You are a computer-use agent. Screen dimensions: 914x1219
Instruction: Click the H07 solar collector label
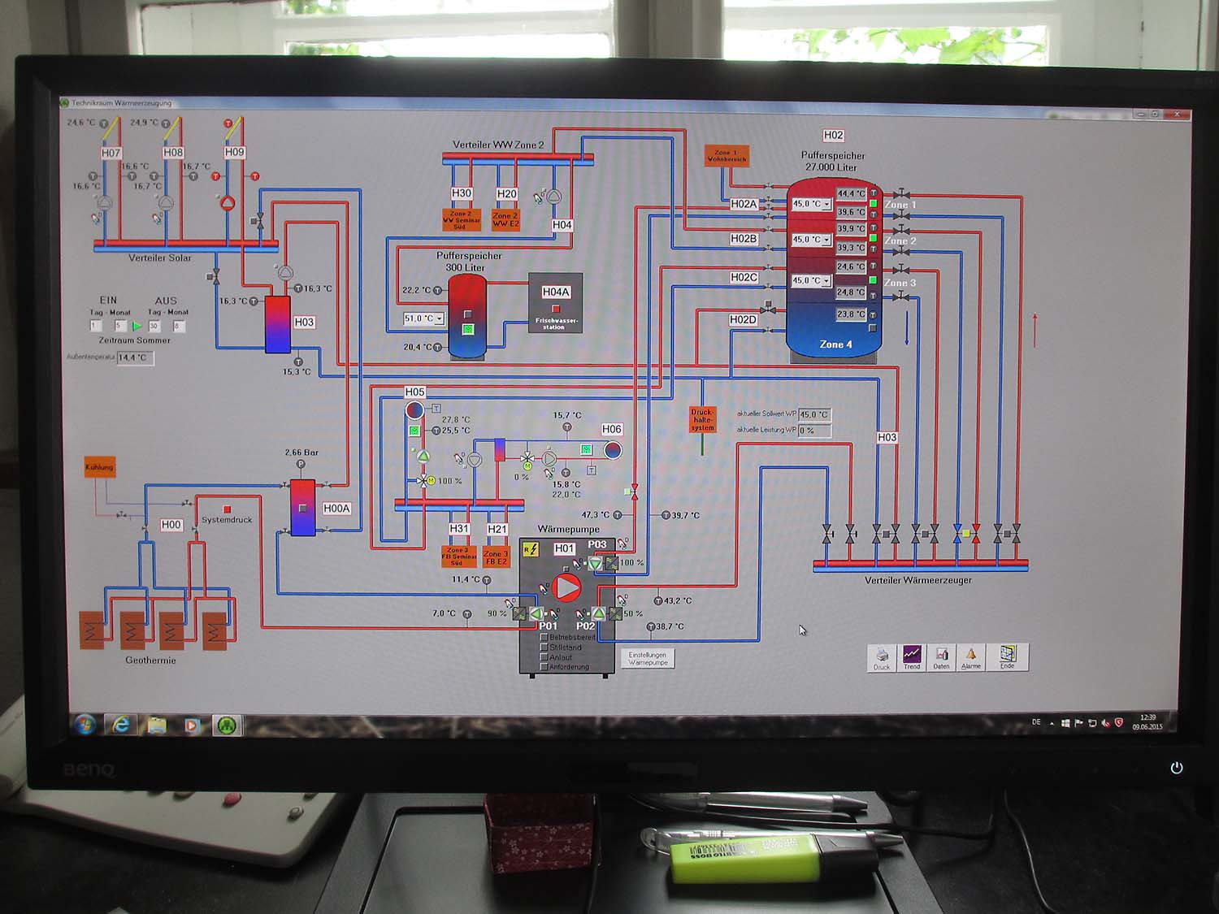[111, 153]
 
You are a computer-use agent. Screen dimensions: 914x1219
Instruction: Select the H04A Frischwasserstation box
[555, 303]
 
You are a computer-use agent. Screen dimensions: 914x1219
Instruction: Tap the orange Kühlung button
[99, 467]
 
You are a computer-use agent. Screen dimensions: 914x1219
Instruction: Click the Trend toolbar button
[912, 656]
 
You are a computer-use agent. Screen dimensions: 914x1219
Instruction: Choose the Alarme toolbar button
[970, 656]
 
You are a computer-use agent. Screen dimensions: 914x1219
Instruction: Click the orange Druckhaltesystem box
[702, 419]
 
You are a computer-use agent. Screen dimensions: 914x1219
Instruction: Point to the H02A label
[743, 204]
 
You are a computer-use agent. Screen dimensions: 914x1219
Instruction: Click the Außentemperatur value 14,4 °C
[133, 357]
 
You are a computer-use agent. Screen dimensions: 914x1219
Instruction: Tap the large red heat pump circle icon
[566, 587]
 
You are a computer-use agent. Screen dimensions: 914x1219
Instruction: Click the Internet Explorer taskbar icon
[121, 725]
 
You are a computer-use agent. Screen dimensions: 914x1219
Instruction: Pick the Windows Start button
[85, 724]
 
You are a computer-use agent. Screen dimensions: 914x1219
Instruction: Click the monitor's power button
[1176, 768]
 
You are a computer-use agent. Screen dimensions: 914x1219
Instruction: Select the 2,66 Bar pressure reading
[301, 453]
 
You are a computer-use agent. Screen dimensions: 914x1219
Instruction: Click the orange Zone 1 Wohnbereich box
[726, 155]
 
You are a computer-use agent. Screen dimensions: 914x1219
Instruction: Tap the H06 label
[611, 429]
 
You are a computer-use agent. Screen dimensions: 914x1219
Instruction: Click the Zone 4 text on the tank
[835, 344]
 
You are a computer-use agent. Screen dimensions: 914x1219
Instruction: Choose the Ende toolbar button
[1008, 656]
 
